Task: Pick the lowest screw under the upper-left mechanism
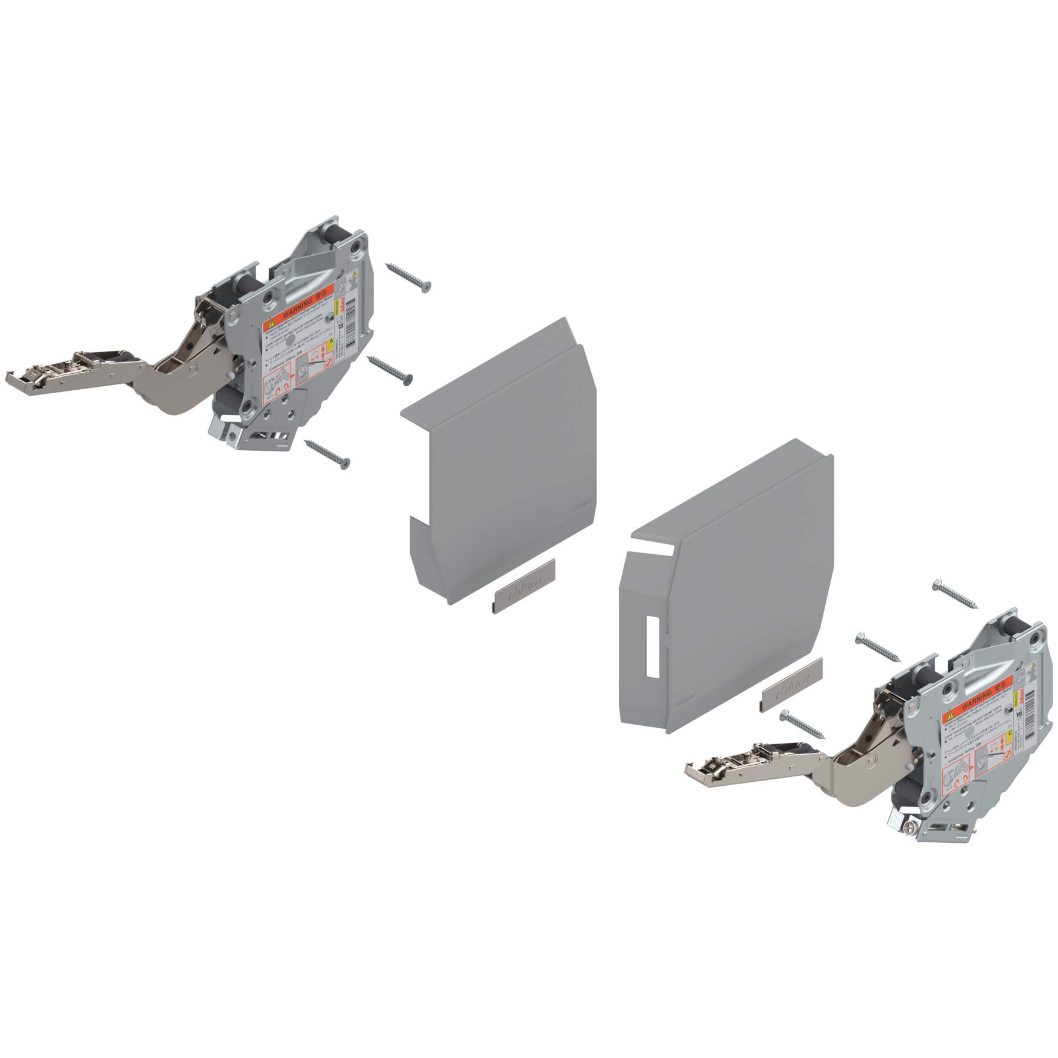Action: click(327, 451)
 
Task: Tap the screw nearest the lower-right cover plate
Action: click(802, 724)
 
